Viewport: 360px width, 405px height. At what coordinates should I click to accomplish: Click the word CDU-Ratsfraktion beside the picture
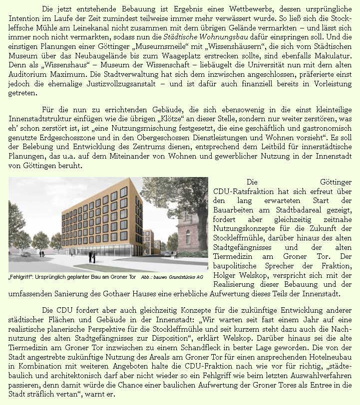pyautogui.click(x=244, y=192)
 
